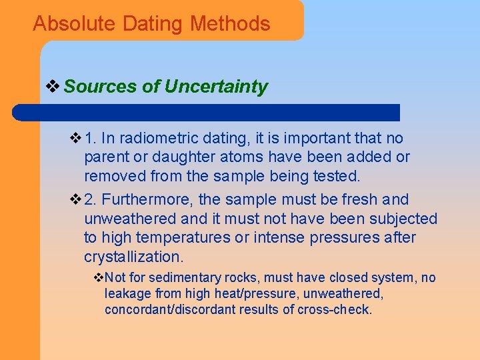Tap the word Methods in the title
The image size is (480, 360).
(x=230, y=24)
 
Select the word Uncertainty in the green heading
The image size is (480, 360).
(x=216, y=87)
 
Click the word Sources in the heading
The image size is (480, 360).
(x=101, y=87)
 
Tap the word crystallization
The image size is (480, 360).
(x=133, y=257)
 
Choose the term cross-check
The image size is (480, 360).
(x=335, y=309)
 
